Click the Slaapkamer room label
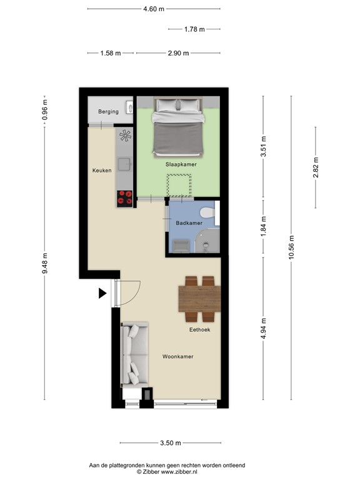coord(181,164)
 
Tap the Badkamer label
coord(189,223)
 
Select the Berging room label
coord(107,112)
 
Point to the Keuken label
coord(102,171)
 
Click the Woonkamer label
coord(177,357)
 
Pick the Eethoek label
coord(200,329)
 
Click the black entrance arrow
coord(102,293)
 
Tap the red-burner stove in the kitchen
coord(124,197)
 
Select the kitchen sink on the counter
coord(124,164)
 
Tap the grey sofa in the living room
coord(134,353)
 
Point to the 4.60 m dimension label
coord(154,9)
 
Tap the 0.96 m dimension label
coord(45,110)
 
